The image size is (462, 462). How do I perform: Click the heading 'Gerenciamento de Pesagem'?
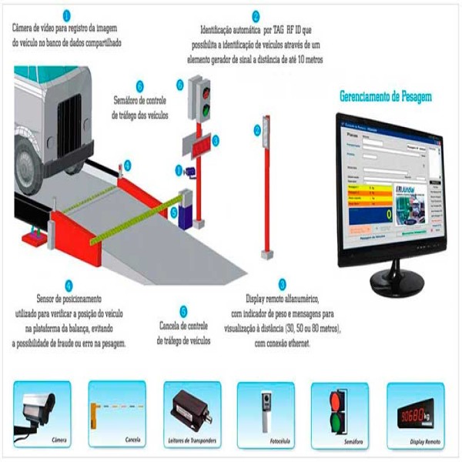[x=385, y=97]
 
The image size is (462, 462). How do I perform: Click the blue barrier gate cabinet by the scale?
[x=185, y=209]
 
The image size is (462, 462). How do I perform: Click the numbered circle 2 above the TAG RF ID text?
[x=256, y=15]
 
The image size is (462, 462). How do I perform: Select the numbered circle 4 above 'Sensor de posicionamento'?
[x=69, y=285]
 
